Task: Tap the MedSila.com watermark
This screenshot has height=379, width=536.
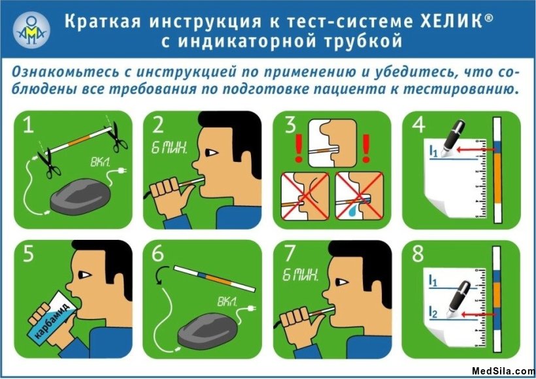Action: coord(503,371)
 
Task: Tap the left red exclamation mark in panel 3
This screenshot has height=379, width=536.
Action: coord(298,148)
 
